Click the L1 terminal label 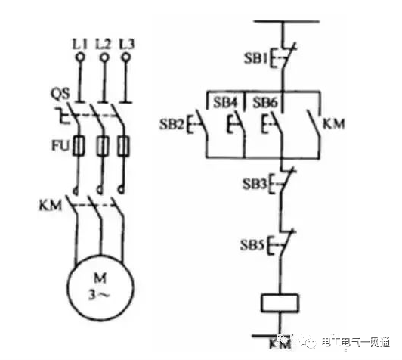(80, 45)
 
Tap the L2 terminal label (104, 44)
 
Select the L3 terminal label (127, 44)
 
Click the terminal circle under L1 (80, 57)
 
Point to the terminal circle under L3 (125, 57)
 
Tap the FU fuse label (60, 146)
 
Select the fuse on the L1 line (79, 146)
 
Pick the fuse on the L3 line (124, 146)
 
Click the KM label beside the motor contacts (51, 206)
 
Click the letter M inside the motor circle (100, 278)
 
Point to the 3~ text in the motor (99, 295)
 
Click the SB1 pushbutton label (255, 58)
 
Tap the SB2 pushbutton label (172, 125)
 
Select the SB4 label (225, 103)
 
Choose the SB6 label (265, 103)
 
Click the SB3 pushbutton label (255, 184)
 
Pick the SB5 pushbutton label (252, 245)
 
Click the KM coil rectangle (280, 303)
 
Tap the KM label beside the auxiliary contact (333, 124)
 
